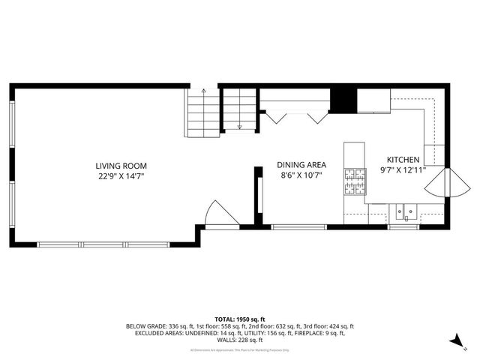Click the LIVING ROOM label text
pos(121,166)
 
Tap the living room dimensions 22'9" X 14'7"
pos(121,176)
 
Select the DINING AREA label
pos(300,165)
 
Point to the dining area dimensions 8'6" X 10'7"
pos(300,175)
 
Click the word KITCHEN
pos(403,160)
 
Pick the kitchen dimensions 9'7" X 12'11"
pos(403,170)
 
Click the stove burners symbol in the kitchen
pos(354,180)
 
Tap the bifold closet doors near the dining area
pos(298,117)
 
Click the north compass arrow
pos(454,342)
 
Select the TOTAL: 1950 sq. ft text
pos(240,319)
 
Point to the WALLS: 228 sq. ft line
pos(240,340)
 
